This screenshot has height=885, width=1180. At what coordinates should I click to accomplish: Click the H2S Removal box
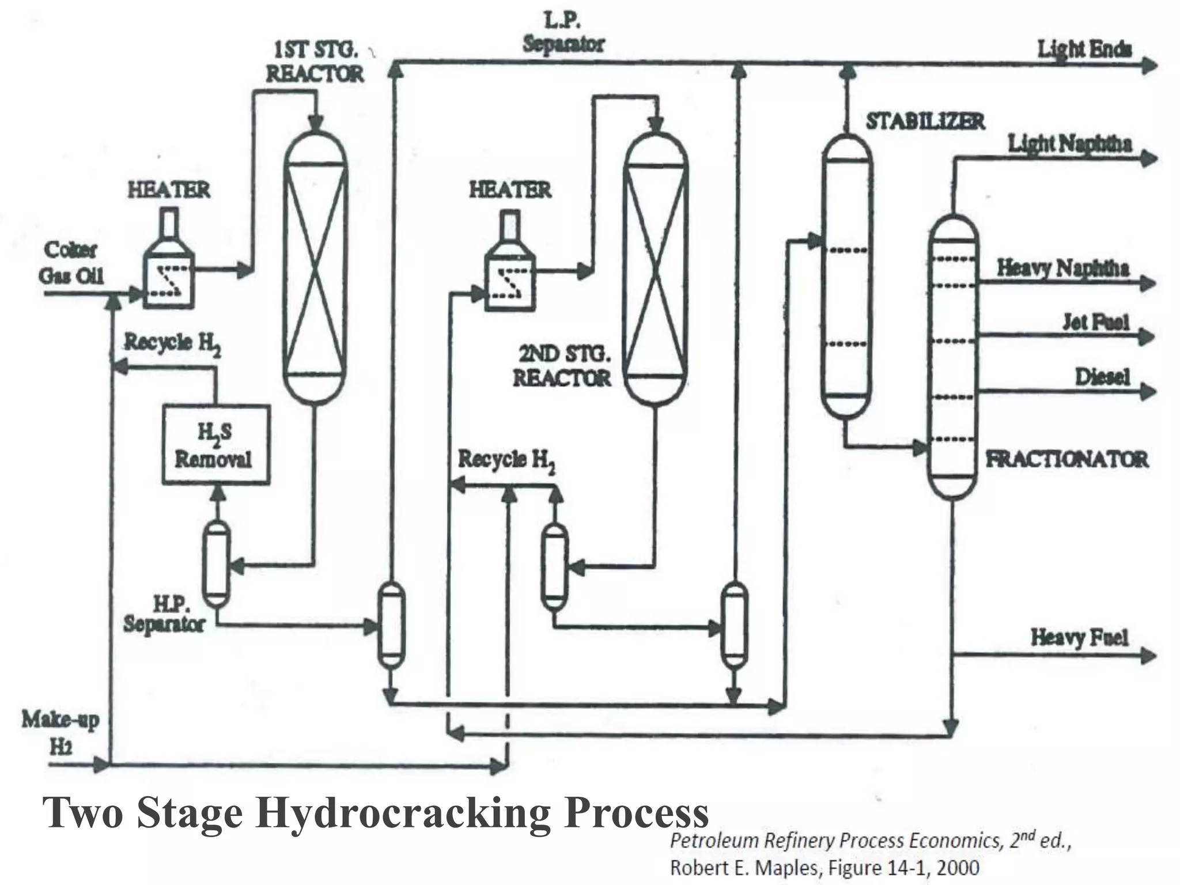point(215,444)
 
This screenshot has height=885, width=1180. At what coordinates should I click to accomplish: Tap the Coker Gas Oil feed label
point(71,263)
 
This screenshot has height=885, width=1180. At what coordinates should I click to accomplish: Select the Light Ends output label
point(1084,50)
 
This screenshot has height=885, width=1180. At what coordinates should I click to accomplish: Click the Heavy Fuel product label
point(1079,637)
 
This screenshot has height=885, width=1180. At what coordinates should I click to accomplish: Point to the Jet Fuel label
point(1095,322)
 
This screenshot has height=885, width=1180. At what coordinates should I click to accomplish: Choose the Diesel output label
point(1102,377)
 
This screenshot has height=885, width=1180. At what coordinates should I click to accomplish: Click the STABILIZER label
point(925,122)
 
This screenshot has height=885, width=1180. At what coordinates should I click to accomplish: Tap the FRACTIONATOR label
point(1066,459)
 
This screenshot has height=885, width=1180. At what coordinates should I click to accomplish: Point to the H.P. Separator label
point(164,614)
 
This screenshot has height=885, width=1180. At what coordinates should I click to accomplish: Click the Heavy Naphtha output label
point(1062,268)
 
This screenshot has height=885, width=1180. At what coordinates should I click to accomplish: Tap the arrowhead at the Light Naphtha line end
point(1149,158)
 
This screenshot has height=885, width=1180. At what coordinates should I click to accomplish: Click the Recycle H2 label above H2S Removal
point(172,343)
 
